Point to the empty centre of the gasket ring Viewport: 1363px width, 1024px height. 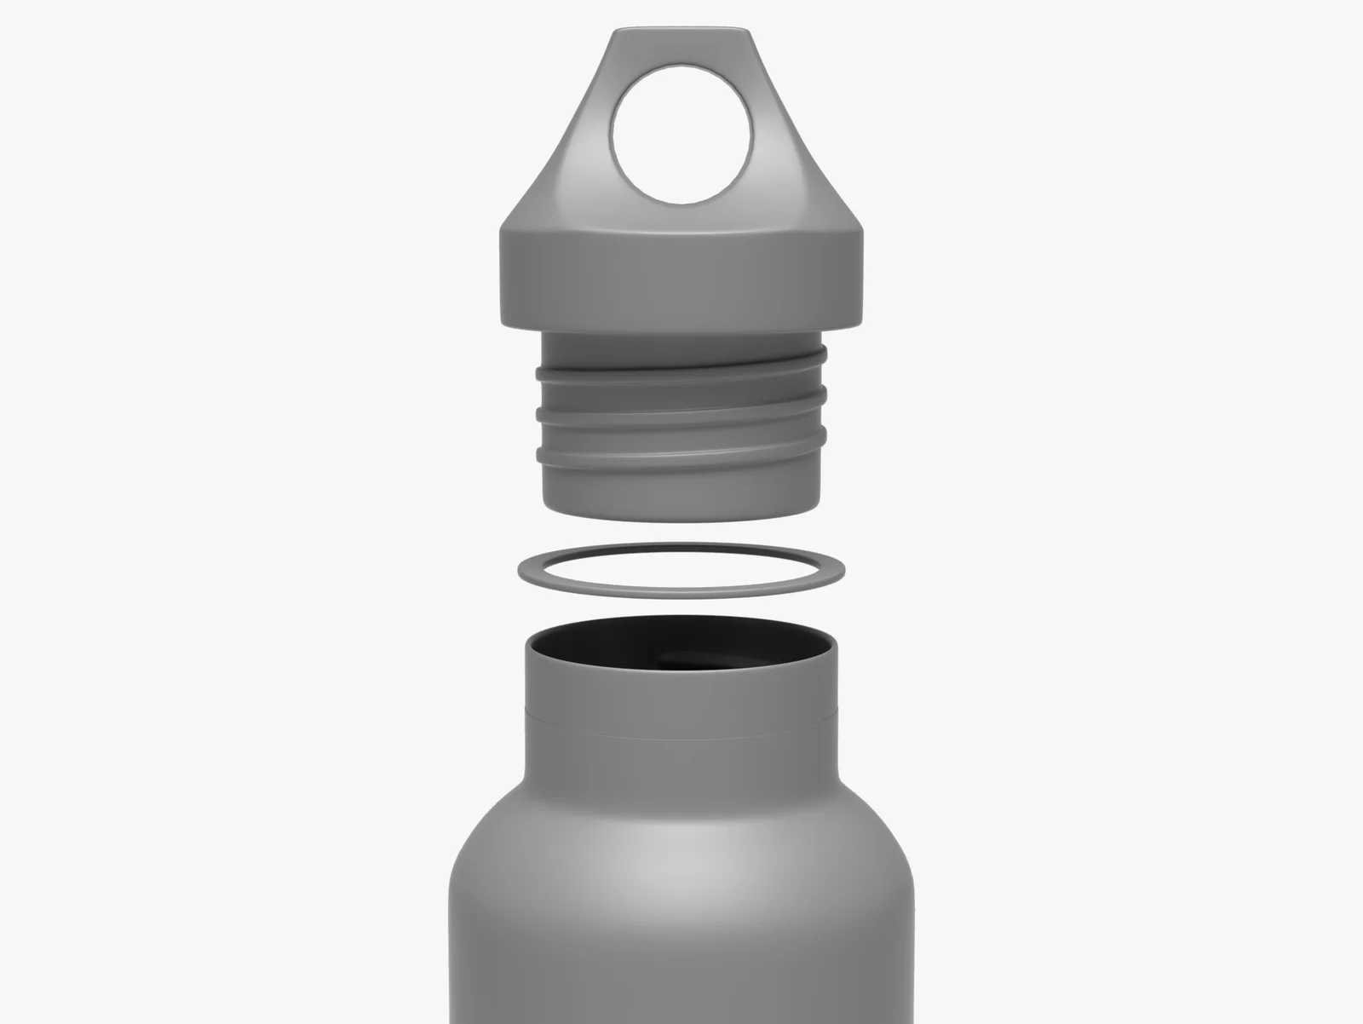[x=681, y=567]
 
